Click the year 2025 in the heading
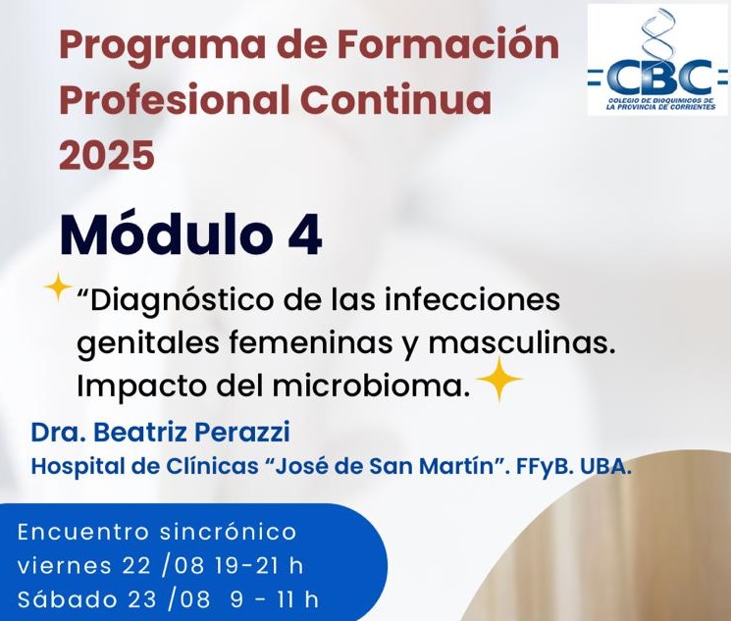pyautogui.click(x=107, y=154)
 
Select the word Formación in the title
pyautogui.click(x=448, y=44)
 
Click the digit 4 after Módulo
pyautogui.click(x=305, y=234)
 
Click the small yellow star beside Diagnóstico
pyautogui.click(x=58, y=287)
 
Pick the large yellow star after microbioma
pyautogui.click(x=499, y=380)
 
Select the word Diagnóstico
pyautogui.click(x=182, y=301)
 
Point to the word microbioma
pyautogui.click(x=370, y=386)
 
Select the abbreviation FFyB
pyautogui.click(x=544, y=467)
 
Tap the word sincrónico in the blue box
pyautogui.click(x=228, y=533)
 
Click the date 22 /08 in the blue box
pyautogui.click(x=163, y=566)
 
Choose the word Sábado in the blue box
pyautogui.click(x=69, y=599)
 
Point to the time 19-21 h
pyautogui.click(x=259, y=566)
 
